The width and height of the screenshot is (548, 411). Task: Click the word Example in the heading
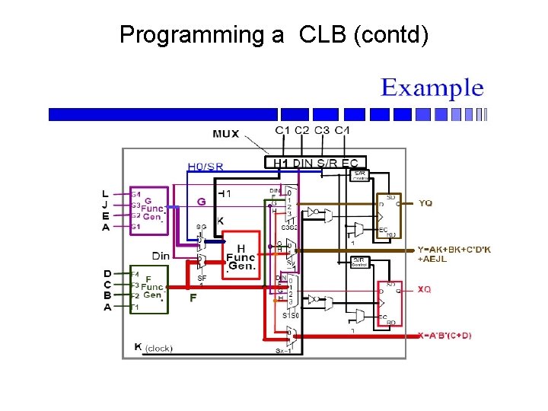[x=432, y=88]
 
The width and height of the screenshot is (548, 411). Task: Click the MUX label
[x=225, y=134]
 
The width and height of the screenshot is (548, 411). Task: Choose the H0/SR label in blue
[x=205, y=167]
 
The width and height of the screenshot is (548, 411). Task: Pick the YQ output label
[x=425, y=203]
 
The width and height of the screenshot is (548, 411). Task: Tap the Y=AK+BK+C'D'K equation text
[x=453, y=250]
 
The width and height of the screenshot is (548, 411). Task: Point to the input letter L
[x=106, y=194]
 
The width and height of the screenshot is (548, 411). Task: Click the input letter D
[x=107, y=272]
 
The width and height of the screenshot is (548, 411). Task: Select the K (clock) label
[x=155, y=348]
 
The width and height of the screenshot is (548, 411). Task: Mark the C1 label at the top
[x=282, y=131]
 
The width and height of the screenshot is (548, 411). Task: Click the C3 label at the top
[x=322, y=131]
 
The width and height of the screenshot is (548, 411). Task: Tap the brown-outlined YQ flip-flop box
[x=392, y=215]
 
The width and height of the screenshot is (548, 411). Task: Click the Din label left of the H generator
[x=161, y=256]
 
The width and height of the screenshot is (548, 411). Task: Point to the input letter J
[x=106, y=205]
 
